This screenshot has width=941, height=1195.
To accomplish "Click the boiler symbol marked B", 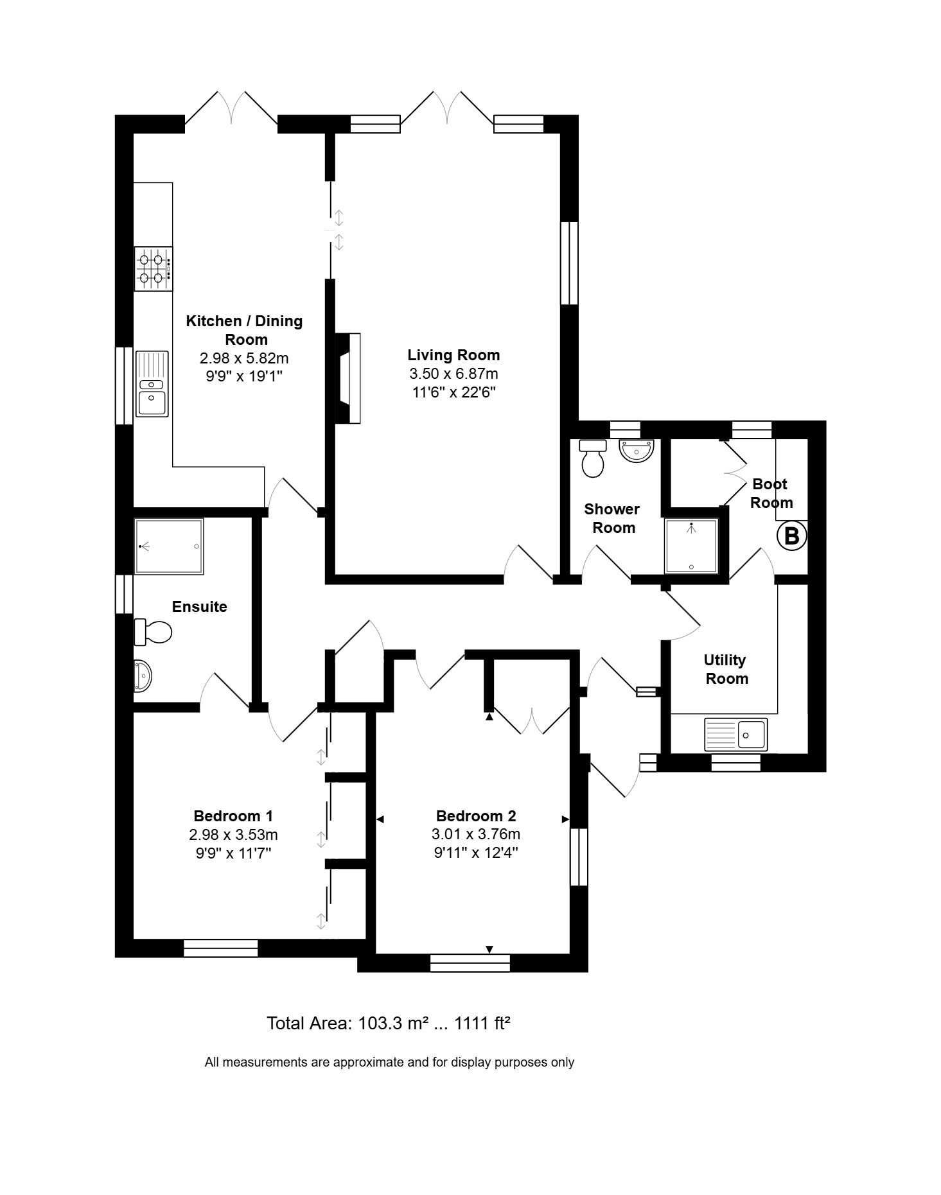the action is pyautogui.click(x=791, y=536).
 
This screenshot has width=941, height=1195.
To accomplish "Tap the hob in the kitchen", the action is pyautogui.click(x=154, y=269).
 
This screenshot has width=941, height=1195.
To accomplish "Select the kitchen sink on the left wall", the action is pyautogui.click(x=152, y=384).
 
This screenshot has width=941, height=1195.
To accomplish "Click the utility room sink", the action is pyautogui.click(x=736, y=735).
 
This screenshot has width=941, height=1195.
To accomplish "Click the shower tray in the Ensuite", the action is pyautogui.click(x=169, y=546).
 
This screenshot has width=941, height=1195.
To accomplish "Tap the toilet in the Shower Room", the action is pyautogui.click(x=593, y=458).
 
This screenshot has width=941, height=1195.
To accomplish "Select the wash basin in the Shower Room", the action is pyautogui.click(x=637, y=449).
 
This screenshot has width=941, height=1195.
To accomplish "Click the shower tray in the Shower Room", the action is pyautogui.click(x=691, y=546).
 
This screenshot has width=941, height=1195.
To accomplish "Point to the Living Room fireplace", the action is pyautogui.click(x=347, y=378).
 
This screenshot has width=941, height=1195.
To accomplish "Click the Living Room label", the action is pyautogui.click(x=453, y=355).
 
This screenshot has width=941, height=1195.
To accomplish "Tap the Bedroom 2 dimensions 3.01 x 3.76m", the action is pyautogui.click(x=476, y=835).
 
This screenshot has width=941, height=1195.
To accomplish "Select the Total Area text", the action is pyautogui.click(x=389, y=1023).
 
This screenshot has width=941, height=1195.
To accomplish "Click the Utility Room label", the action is pyautogui.click(x=726, y=669).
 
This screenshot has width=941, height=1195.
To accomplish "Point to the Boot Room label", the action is pyautogui.click(x=771, y=493).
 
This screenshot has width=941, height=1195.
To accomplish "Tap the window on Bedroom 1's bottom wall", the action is pyautogui.click(x=220, y=948).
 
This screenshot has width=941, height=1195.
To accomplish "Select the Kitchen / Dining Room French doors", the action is pyautogui.click(x=231, y=109).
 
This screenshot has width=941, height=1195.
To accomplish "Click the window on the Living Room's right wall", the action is pyautogui.click(x=569, y=263).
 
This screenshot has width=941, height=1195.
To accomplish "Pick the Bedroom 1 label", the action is pyautogui.click(x=233, y=816).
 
